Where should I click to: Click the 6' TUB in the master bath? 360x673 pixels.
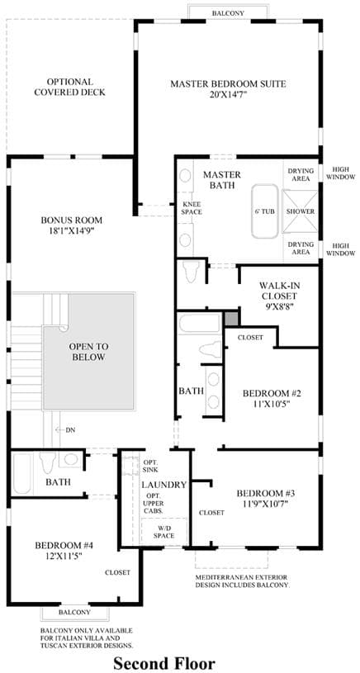click(265, 211)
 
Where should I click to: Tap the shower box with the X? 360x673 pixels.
click(300, 211)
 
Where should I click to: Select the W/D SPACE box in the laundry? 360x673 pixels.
click(164, 531)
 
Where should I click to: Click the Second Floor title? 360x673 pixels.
click(164, 663)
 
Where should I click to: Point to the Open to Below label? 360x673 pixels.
click(89, 352)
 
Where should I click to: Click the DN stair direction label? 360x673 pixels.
click(70, 429)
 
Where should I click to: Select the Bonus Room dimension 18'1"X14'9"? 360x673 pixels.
click(72, 230)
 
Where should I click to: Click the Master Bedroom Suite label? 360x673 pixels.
click(228, 83)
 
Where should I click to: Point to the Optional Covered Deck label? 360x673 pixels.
click(70, 87)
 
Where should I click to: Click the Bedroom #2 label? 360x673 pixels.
click(272, 393)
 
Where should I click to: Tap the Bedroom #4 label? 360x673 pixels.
click(64, 546)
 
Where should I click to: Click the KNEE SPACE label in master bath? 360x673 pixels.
click(192, 208)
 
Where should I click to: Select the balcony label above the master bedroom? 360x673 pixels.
click(228, 13)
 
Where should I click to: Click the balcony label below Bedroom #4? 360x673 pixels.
click(74, 612)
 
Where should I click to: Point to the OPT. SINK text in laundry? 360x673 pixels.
click(150, 466)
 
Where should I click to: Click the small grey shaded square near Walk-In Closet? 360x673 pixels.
click(231, 319)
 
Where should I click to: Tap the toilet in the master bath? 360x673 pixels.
click(190, 270)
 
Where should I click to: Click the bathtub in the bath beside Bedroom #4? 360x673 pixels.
click(22, 473)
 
